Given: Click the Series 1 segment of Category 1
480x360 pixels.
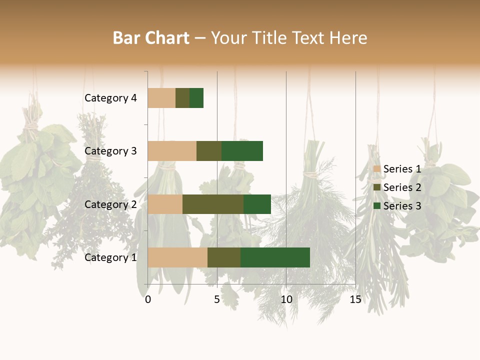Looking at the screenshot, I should [177, 257].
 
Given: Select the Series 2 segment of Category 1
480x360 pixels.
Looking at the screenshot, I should [224, 257].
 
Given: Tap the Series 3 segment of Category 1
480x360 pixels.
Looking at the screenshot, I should [275, 257].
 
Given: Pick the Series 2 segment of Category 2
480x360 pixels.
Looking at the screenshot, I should [213, 204].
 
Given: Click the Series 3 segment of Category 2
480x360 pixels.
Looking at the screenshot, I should [257, 204].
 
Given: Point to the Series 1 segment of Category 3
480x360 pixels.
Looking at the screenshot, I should [172, 151].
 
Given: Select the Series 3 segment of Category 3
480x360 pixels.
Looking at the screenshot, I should [242, 151].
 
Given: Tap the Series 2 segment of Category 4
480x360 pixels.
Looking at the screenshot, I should [182, 98].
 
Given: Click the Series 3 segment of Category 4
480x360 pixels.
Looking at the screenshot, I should [196, 98].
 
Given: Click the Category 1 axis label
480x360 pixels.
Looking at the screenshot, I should [110, 257].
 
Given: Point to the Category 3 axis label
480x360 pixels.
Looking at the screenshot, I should [110, 151].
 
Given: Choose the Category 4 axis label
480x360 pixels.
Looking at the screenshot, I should [110, 98].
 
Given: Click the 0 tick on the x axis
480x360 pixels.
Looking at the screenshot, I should [148, 299].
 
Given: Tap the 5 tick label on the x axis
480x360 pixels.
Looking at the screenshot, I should [217, 299].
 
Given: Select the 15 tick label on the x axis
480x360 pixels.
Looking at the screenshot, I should [355, 299].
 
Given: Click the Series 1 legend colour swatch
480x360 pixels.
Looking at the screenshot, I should [377, 169].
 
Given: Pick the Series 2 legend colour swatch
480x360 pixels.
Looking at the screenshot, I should [377, 187].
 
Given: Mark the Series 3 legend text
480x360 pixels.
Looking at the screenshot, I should [402, 206].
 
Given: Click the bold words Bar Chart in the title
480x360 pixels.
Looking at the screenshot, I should [151, 38].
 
